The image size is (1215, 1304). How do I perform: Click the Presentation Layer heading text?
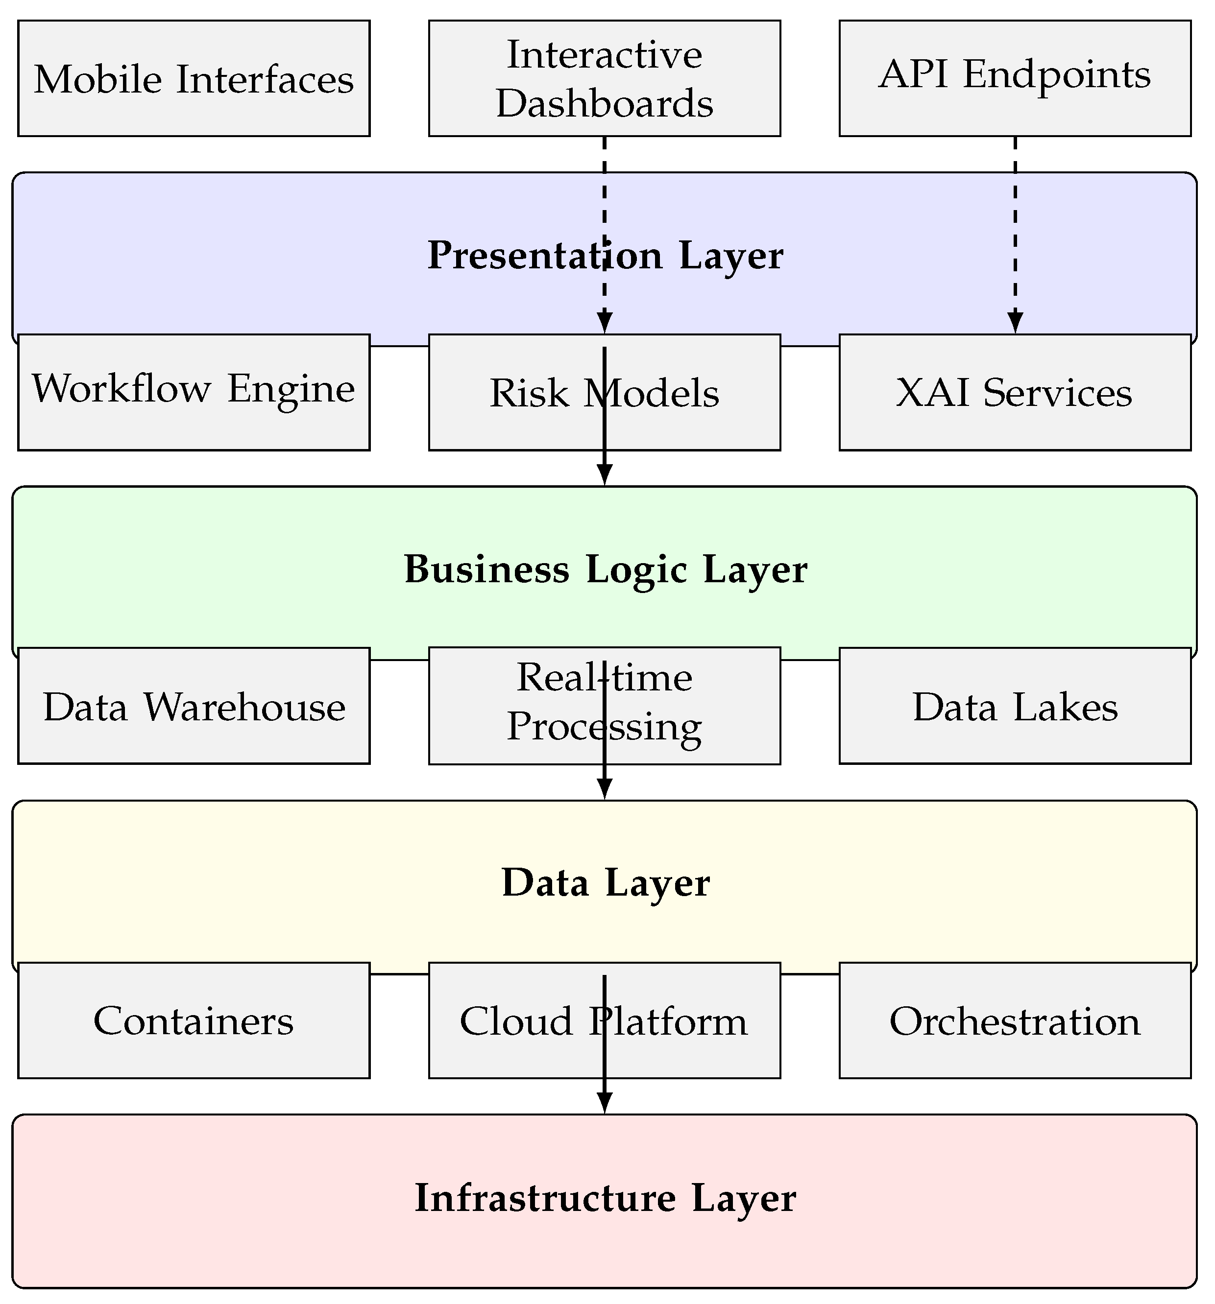coord(605,255)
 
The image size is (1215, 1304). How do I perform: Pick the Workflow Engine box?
coord(194,392)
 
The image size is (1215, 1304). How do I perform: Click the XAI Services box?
coord(1014,392)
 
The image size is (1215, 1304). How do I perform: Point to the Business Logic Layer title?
coord(605,569)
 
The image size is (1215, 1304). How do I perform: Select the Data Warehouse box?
coord(194,706)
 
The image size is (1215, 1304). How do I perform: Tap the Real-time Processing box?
coord(525,706)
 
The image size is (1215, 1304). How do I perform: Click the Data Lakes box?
coord(1014,706)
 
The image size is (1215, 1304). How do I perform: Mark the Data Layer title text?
coord(605,883)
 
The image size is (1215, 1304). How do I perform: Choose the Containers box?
coord(194,1020)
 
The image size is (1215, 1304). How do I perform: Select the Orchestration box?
coord(1014,1020)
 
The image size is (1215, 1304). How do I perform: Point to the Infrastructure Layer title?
coord(605,1198)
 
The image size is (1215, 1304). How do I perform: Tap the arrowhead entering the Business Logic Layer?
coord(604,474)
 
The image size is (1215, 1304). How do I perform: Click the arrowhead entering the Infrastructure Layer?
coord(604,1103)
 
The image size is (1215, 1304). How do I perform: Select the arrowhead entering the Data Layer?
coord(604,788)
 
